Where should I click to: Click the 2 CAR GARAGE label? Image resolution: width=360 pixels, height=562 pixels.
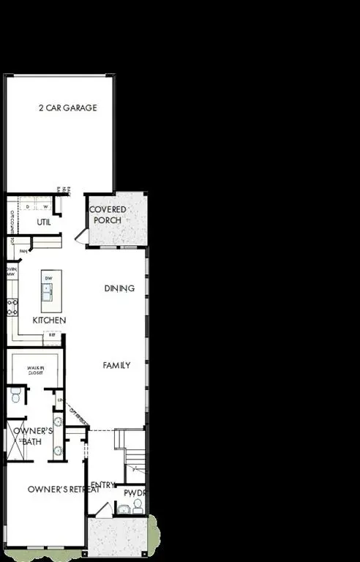click(68, 108)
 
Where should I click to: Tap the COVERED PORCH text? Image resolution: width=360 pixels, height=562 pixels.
click(107, 214)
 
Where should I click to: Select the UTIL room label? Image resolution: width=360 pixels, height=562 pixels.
click(44, 222)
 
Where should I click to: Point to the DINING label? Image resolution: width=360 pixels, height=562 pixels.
click(119, 288)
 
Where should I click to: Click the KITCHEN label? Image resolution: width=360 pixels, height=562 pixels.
click(50, 321)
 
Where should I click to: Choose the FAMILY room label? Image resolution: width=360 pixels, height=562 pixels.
click(116, 365)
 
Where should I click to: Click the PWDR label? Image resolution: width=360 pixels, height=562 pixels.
click(135, 493)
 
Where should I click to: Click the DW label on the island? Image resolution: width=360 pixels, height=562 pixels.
click(48, 279)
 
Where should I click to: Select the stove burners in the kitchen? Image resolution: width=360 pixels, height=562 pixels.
click(12, 307)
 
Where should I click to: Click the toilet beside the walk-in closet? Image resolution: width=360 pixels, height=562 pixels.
click(15, 397)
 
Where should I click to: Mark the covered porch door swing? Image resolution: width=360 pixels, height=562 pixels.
click(82, 236)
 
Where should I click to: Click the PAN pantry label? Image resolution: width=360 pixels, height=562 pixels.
click(23, 250)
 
